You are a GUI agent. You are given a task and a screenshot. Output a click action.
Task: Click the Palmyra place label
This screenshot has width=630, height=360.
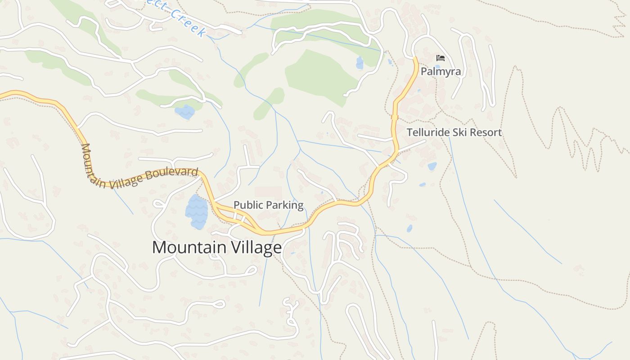click(x=441, y=72)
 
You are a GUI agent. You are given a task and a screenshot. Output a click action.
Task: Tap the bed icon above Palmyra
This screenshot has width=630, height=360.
click(x=441, y=58)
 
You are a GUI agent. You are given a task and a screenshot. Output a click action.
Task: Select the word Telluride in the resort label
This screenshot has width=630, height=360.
click(x=428, y=132)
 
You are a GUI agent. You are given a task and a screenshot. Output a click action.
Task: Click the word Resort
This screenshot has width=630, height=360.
click(x=486, y=132)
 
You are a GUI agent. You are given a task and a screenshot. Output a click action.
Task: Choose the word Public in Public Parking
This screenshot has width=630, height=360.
click(x=248, y=205)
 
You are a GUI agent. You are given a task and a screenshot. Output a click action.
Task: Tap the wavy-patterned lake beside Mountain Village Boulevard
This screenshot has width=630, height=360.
click(x=197, y=211)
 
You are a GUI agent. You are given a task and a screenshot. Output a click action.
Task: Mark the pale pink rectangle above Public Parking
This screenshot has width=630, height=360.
click(x=268, y=193)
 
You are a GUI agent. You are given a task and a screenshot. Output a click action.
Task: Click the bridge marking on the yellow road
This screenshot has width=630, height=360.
click(x=395, y=117)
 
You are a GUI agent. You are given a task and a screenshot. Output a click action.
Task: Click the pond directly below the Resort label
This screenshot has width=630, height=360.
click(x=432, y=166)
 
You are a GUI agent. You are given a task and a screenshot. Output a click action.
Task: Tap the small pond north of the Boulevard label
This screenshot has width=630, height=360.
click(x=185, y=112)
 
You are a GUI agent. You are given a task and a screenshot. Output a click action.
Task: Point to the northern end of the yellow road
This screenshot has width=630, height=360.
click(x=415, y=58)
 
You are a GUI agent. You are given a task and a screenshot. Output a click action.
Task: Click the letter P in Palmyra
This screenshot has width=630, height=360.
click(x=424, y=72)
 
